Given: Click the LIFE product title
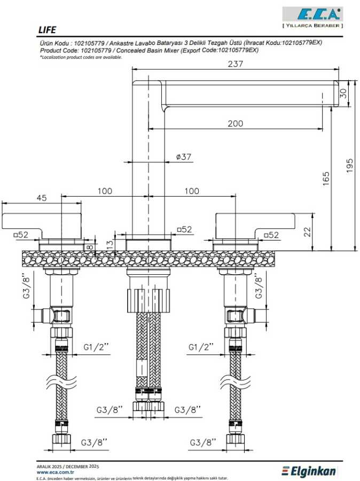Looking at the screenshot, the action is pyautogui.click(x=47, y=30).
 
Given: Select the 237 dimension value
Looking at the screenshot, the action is pyautogui.click(x=235, y=64).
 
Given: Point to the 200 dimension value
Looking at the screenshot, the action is pyautogui.click(x=235, y=123).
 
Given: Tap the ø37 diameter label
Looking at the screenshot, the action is pyautogui.click(x=184, y=157).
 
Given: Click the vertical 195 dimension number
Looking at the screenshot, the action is pyautogui.click(x=350, y=165).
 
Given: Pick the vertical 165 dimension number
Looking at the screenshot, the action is pyautogui.click(x=326, y=179).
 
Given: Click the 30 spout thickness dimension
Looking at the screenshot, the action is pyautogui.click(x=343, y=93).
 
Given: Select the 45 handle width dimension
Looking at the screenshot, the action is pyautogui.click(x=42, y=198).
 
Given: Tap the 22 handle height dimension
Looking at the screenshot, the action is pyautogui.click(x=307, y=231).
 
